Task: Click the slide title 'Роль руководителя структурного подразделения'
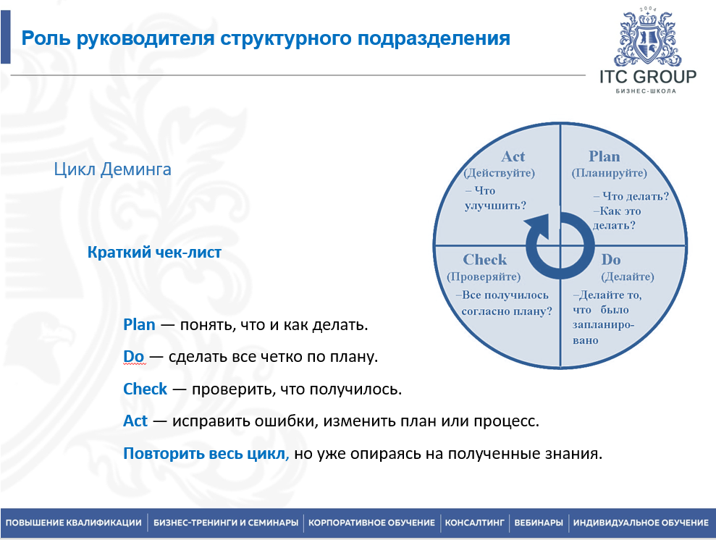click(266, 38)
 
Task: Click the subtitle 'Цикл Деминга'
click(113, 170)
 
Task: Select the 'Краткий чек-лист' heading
click(154, 253)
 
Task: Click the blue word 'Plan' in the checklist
click(140, 324)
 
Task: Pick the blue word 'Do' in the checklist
click(134, 357)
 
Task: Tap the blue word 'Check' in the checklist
click(146, 389)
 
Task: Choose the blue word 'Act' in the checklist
click(135, 421)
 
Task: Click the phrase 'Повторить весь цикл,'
click(206, 455)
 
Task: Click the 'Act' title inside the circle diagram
click(513, 156)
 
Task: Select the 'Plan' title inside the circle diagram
click(604, 156)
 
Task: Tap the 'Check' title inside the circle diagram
click(485, 260)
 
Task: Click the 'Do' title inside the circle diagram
click(611, 260)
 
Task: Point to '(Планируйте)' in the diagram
click(609, 174)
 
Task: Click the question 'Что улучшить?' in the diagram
click(495, 198)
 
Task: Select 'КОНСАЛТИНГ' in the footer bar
click(473, 523)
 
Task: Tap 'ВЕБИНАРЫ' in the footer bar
click(538, 523)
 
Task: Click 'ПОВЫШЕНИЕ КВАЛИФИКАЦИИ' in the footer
click(73, 523)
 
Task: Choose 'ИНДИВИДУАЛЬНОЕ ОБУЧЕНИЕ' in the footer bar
click(641, 523)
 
